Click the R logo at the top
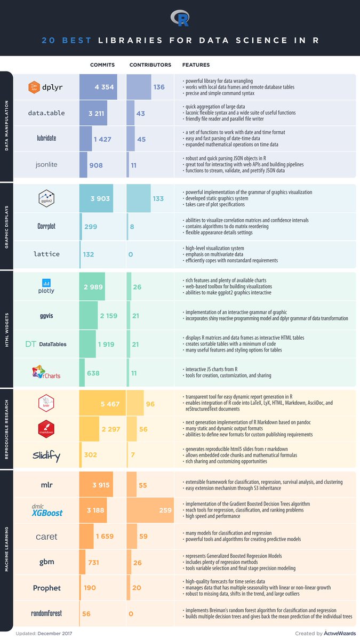coord(180,19)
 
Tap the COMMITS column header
coord(102,65)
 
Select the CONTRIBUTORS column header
coord(150,65)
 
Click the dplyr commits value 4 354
coord(105,87)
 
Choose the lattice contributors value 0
coord(131,254)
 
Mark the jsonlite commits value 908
coord(95,165)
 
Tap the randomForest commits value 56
coord(86,613)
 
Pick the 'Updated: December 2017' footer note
coord(37,633)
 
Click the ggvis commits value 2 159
coord(111,316)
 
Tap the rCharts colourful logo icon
coord(37,371)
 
